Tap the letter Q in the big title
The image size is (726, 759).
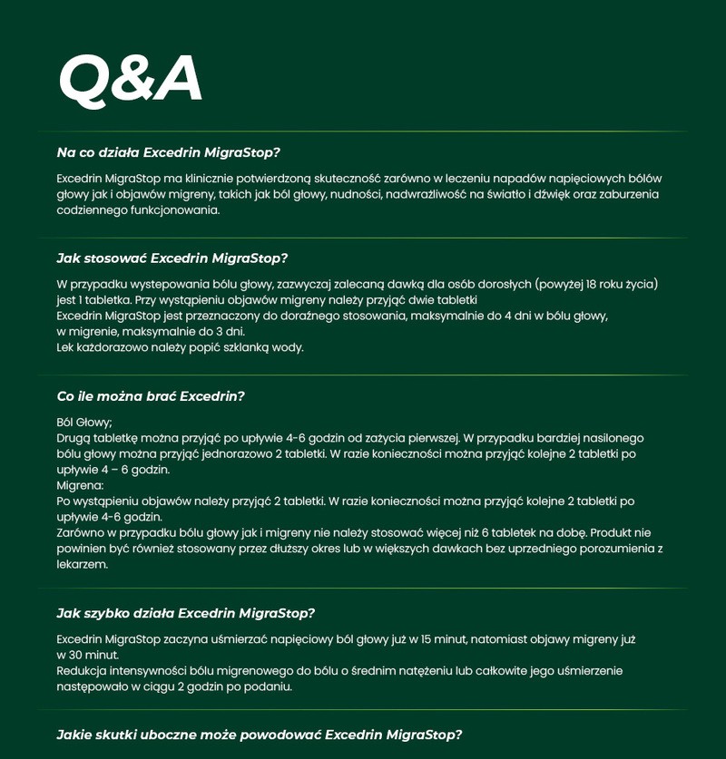coord(83,80)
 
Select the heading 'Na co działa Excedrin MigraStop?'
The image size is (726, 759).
coord(168,152)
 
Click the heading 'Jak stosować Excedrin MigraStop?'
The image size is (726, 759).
coord(172,258)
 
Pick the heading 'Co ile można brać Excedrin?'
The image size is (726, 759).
coord(151,396)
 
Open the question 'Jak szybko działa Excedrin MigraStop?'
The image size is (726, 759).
coord(185,613)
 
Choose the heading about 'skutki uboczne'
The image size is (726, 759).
coord(259,735)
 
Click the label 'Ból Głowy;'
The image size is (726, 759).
coord(84,422)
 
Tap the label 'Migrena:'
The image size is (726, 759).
coord(80,485)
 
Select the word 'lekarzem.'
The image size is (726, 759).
coord(82,564)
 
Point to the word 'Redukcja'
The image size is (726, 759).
coord(82,671)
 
